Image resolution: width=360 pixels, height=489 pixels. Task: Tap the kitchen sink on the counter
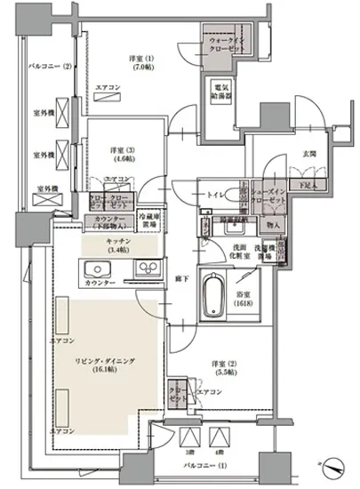click(96, 269)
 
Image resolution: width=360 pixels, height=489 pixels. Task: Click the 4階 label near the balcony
click(219, 453)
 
